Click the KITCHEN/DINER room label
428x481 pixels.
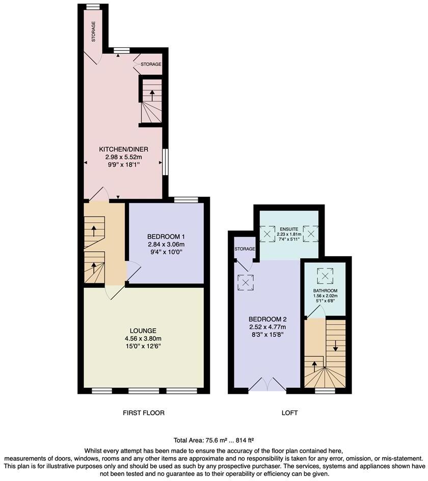pos(123,149)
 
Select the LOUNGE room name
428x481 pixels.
pos(143,330)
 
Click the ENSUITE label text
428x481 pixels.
pos(289,228)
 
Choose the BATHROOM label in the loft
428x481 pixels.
pos(325,291)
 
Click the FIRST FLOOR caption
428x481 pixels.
pos(144,413)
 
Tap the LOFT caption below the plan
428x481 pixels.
pos(289,413)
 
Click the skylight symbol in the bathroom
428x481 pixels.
pos(325,276)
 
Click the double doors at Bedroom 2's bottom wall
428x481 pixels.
pos(267,385)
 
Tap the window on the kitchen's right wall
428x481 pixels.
pos(165,162)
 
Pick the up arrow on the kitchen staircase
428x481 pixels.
pos(151,94)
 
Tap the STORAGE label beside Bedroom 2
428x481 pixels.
pos(245,249)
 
